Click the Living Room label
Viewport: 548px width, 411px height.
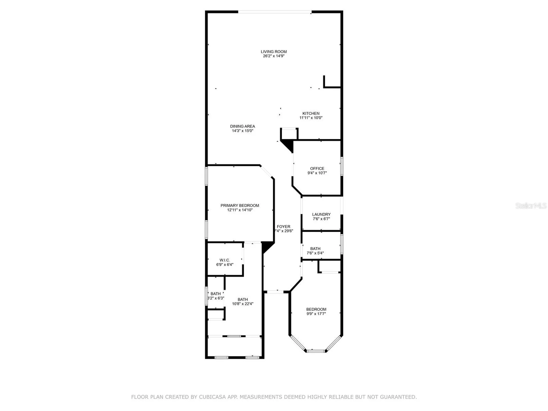[274, 52]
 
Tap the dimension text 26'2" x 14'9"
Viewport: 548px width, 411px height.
[274, 56]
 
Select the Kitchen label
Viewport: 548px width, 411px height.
[311, 113]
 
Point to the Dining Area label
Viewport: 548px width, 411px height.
[243, 126]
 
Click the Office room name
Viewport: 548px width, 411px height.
[317, 168]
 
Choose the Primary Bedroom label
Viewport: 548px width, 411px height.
[240, 205]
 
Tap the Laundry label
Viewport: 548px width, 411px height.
[321, 214]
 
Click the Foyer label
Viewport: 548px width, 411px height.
[283, 227]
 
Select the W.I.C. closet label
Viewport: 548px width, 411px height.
[225, 260]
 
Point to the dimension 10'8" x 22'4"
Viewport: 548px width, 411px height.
[243, 304]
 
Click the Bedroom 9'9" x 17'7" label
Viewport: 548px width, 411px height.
[316, 309]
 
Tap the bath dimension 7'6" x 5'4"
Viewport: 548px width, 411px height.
[315, 253]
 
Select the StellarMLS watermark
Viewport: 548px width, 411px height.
[531, 205]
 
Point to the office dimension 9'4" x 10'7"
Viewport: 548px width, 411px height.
[317, 173]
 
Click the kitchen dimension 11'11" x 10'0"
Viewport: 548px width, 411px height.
[311, 118]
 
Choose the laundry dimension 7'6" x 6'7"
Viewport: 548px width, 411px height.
[321, 219]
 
